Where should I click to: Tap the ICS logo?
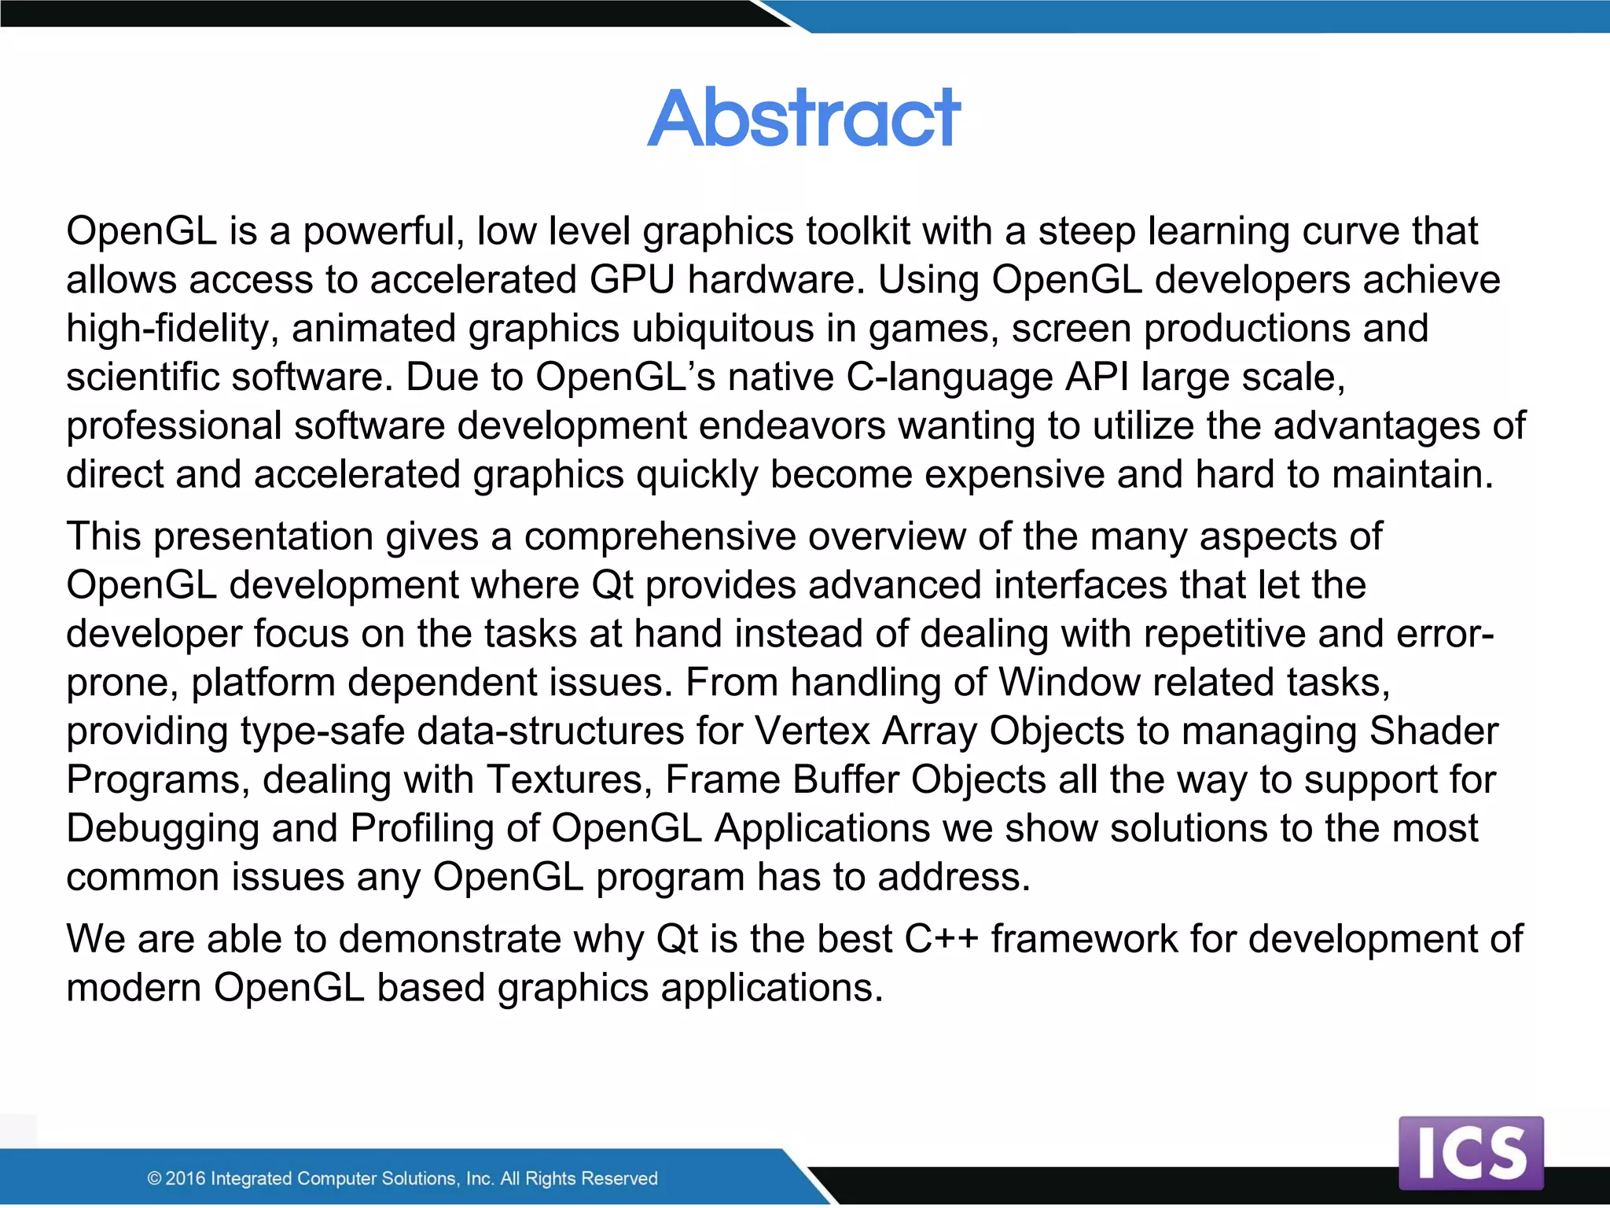1471,1152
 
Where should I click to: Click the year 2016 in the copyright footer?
186,1178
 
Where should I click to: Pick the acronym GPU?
632,281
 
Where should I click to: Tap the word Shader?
1434,731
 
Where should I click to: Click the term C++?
941,940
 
